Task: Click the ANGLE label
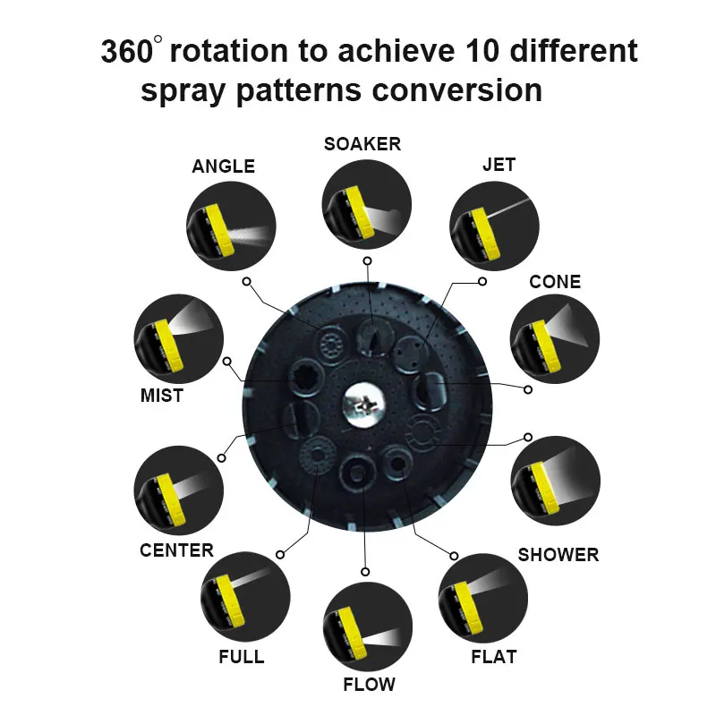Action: coord(224,166)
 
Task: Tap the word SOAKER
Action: coord(362,143)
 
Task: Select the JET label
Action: coord(499,165)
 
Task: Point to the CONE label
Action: coord(555,282)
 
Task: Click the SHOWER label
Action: coord(558,555)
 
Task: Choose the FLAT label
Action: coord(494,657)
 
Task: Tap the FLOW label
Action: coord(369,685)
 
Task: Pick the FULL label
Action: coord(242,657)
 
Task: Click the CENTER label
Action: coord(176,550)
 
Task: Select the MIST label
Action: coord(162,395)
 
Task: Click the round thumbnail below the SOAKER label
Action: coord(367,203)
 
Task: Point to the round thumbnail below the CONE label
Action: coord(555,339)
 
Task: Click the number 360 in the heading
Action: coord(127,51)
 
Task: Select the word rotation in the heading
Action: coord(231,51)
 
